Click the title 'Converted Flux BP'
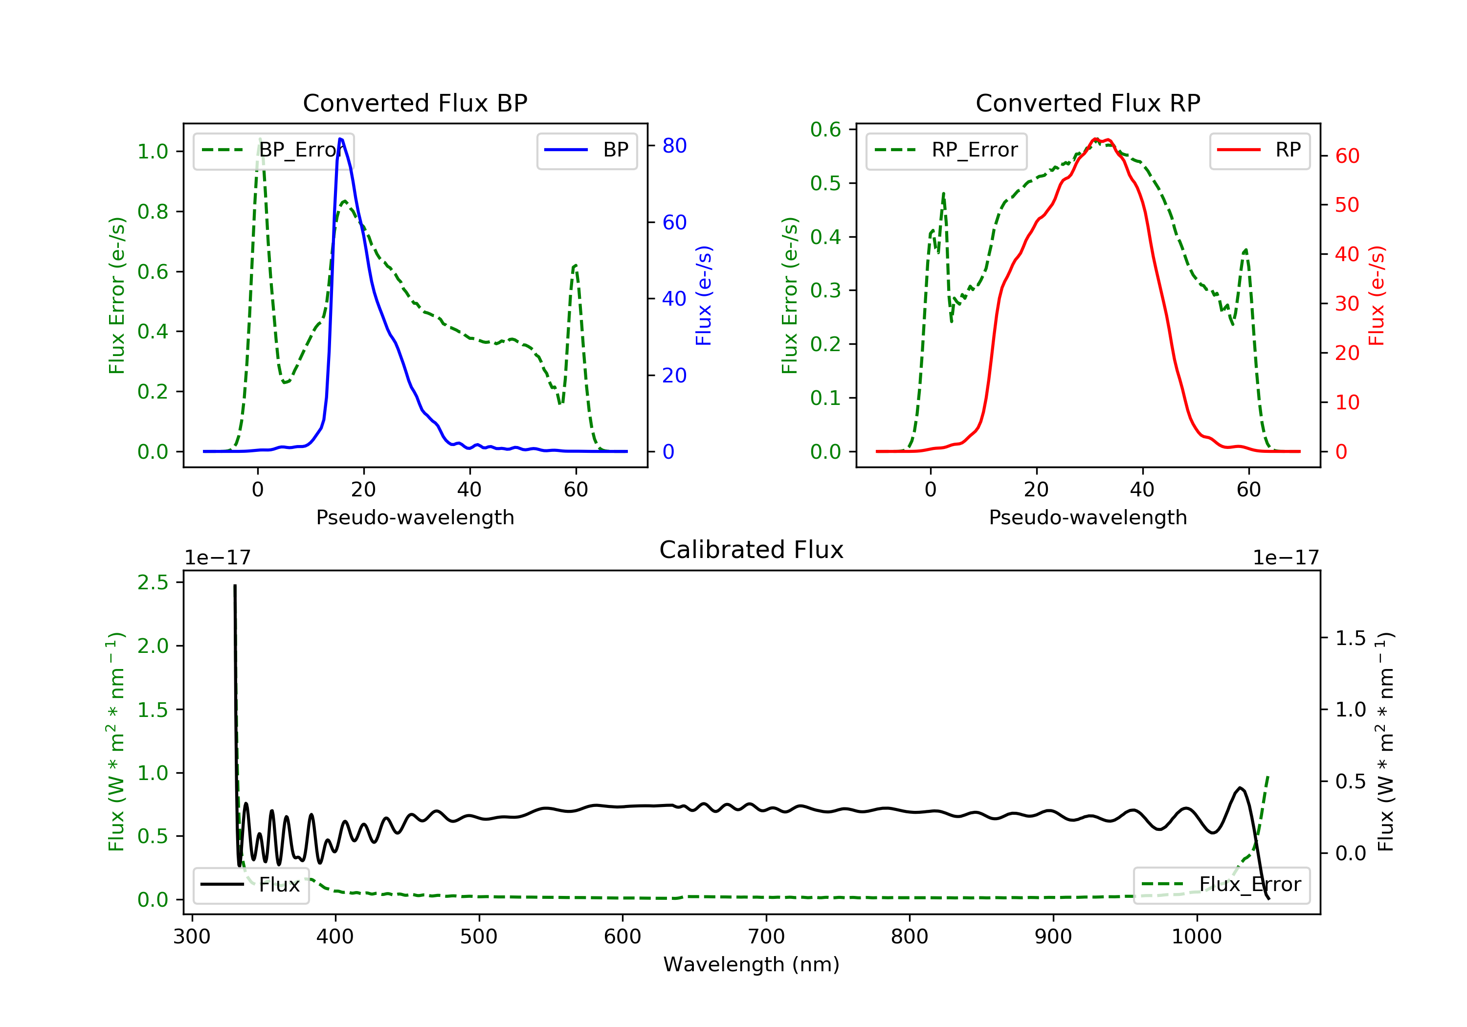click(x=415, y=103)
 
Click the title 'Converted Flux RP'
click(x=1088, y=103)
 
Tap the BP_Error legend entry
click(x=273, y=150)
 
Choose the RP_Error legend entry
click(x=946, y=150)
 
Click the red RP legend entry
click(x=1259, y=150)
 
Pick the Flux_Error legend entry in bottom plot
click(x=1221, y=885)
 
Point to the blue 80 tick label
click(x=674, y=146)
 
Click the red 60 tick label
click(x=1347, y=156)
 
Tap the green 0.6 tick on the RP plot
click(x=825, y=129)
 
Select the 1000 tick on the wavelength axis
click(x=1196, y=937)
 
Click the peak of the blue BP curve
click(x=340, y=139)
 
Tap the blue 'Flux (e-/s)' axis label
click(x=704, y=295)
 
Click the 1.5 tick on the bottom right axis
click(x=1350, y=638)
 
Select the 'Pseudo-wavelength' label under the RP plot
click(x=1088, y=517)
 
